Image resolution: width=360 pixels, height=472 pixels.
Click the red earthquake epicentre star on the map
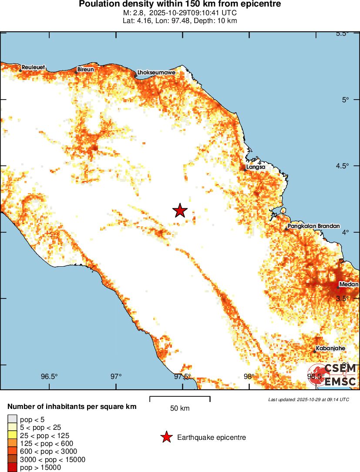coord(180,211)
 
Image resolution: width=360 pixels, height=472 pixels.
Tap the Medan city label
coord(348,285)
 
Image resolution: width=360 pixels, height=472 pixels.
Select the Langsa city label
coord(256,167)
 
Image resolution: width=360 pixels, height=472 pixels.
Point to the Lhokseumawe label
coord(156,73)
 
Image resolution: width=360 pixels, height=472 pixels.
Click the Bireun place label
coord(85,70)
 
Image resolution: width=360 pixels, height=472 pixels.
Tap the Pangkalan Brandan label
coord(310,226)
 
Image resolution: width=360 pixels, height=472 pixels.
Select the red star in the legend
coord(165,437)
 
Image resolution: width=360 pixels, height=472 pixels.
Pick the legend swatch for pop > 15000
coord(12,468)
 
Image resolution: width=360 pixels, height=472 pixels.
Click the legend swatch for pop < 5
coord(12,419)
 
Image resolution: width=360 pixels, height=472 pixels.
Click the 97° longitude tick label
coord(116,377)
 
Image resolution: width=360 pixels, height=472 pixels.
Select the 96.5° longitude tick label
coord(49,377)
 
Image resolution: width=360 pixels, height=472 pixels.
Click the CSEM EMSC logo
coord(334,375)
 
